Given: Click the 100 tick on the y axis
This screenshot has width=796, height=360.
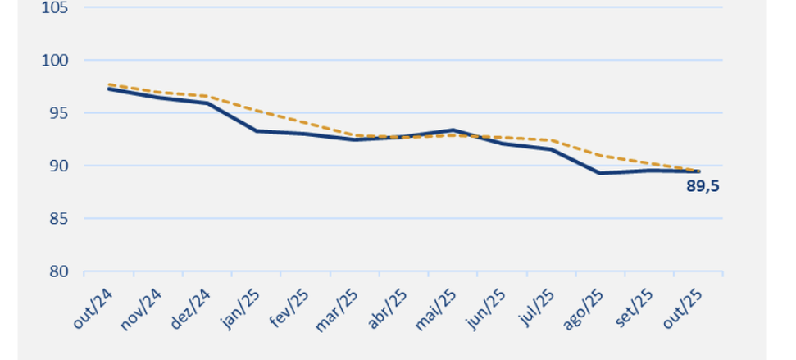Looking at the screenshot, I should pos(55,61).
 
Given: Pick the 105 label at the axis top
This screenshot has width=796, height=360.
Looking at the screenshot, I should pos(55,8).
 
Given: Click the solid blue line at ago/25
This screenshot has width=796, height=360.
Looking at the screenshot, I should pos(600,173).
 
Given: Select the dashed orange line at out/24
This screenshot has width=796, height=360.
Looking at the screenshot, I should pos(108,84).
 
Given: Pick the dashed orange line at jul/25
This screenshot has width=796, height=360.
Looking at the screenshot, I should pos(551,140).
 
